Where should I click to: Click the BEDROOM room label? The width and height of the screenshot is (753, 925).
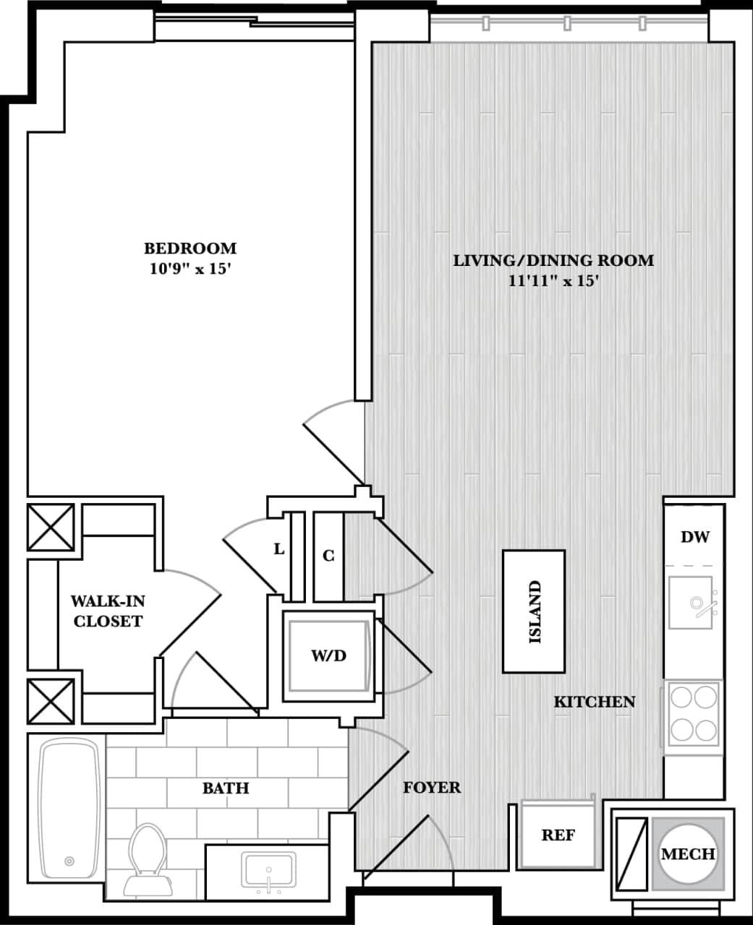190,249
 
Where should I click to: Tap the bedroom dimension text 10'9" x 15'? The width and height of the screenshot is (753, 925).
190,270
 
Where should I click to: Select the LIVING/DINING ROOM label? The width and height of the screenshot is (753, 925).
553,260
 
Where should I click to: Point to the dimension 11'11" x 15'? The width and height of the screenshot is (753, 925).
553,281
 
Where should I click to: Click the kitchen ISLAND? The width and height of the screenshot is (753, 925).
534,611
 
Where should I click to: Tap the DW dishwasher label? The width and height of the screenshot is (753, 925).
694,537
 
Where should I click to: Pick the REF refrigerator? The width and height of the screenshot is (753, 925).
558,835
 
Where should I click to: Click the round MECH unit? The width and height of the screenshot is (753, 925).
688,853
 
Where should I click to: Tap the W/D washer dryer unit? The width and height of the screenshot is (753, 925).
328,656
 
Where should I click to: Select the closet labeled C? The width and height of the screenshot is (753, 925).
328,556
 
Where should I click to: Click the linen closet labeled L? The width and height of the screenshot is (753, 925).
279,549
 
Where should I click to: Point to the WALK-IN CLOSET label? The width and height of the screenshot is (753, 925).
108,611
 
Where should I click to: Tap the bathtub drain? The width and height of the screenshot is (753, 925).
69,861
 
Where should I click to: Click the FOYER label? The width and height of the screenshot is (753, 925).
431,788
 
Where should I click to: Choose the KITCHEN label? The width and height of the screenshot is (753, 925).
594,702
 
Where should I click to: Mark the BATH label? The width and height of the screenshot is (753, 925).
226,788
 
